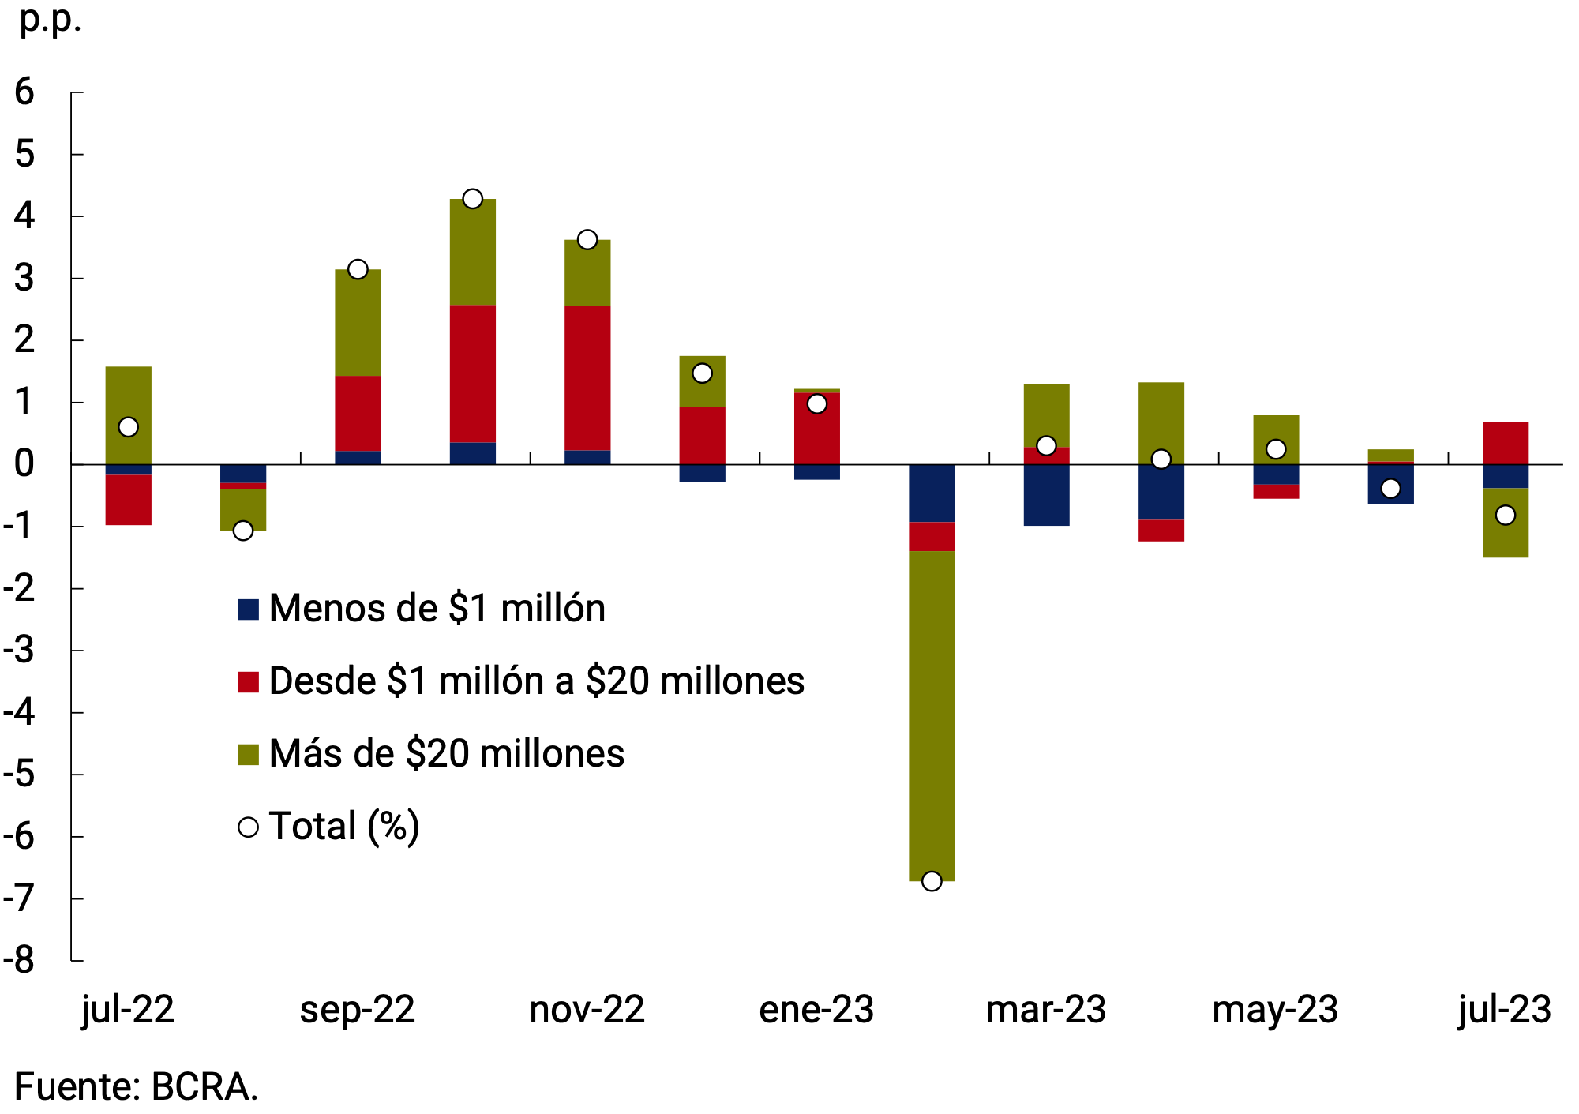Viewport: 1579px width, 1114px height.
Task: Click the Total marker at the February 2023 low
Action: click(932, 881)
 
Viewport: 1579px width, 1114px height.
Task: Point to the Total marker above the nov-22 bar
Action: click(587, 239)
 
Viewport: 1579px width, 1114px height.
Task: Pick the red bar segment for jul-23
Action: click(1505, 443)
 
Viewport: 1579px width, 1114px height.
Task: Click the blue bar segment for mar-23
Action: click(1046, 495)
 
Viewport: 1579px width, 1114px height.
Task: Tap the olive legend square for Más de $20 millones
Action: click(248, 754)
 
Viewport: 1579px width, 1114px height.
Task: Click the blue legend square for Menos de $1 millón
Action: click(248, 609)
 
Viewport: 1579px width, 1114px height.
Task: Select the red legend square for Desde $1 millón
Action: click(248, 681)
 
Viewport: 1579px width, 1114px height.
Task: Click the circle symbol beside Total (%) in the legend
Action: click(248, 827)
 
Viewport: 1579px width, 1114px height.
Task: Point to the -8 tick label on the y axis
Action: click(21, 960)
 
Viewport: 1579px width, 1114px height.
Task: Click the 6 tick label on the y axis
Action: click(24, 92)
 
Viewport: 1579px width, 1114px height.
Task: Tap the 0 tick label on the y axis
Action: click(24, 464)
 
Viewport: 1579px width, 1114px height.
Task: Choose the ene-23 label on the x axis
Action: click(816, 1010)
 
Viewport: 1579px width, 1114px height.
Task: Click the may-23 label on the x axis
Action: click(1275, 1010)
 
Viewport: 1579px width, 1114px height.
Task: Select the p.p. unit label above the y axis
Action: click(50, 21)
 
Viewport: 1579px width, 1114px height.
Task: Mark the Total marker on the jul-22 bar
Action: click(128, 427)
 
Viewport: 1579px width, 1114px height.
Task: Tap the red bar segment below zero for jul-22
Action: click(128, 500)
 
